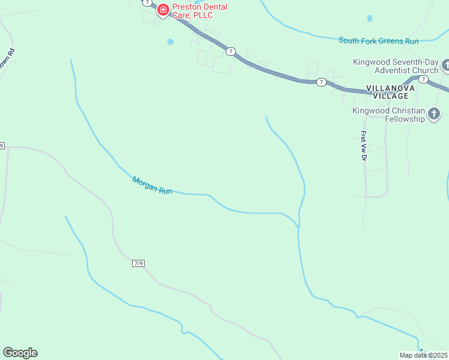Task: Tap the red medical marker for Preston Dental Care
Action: (163, 10)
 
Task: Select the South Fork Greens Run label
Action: (378, 41)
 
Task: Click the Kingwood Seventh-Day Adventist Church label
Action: (396, 66)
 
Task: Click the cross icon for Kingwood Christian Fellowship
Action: (434, 114)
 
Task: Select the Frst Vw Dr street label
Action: (364, 146)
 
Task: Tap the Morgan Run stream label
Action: (152, 185)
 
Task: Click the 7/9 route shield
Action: (139, 263)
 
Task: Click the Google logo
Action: (20, 353)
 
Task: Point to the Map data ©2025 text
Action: (424, 355)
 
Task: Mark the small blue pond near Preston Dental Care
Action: (170, 42)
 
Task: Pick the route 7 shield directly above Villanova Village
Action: (424, 79)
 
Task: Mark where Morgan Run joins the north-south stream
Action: (298, 227)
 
